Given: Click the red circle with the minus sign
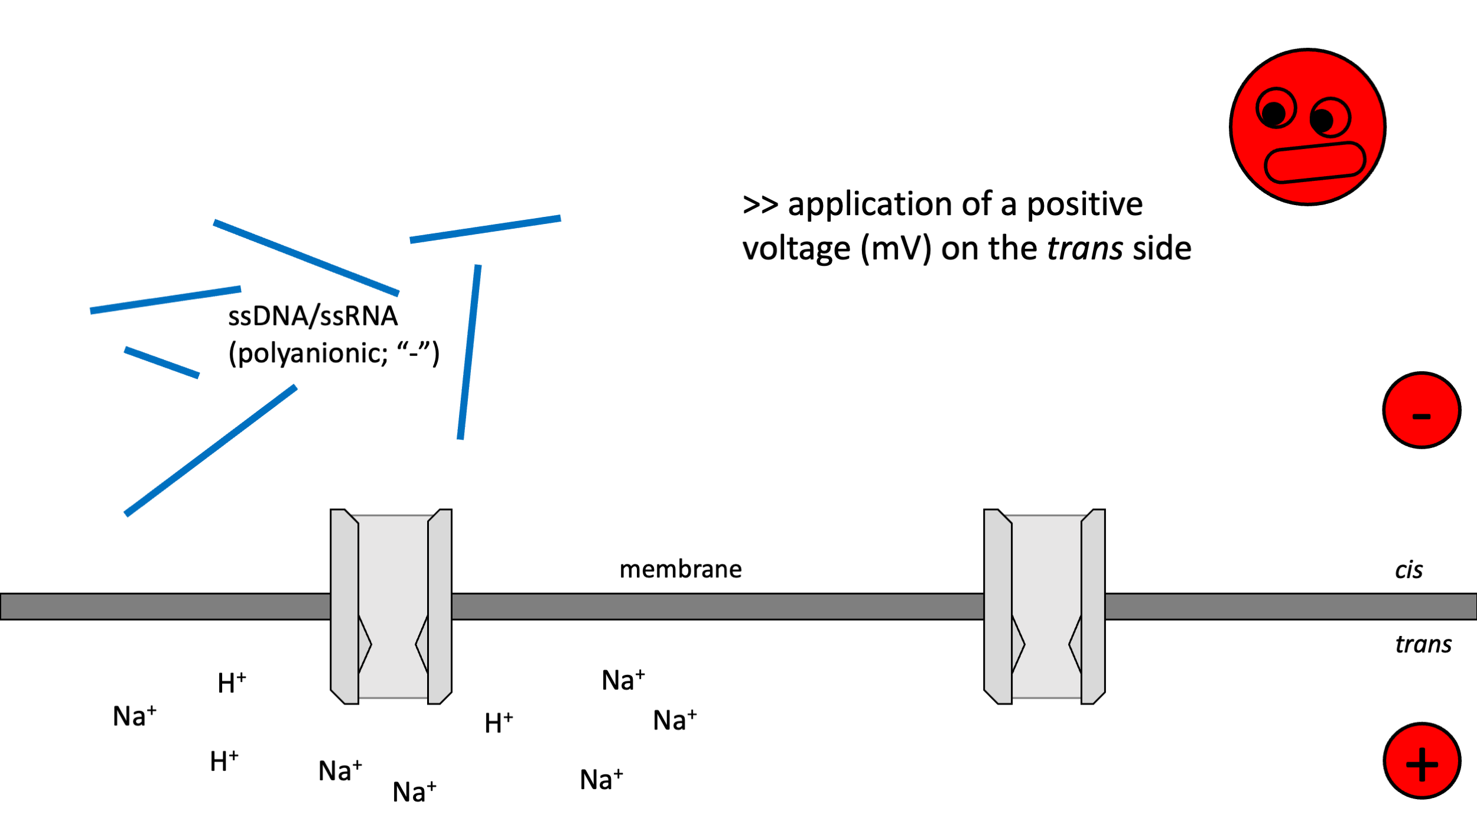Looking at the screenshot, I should pyautogui.click(x=1421, y=410).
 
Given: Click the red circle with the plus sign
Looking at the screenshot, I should pyautogui.click(x=1421, y=761).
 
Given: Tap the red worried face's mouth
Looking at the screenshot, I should pyautogui.click(x=1315, y=162).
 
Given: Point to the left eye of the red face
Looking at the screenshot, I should pyautogui.click(x=1276, y=109).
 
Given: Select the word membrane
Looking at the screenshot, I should pyautogui.click(x=680, y=570).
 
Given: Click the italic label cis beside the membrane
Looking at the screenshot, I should pyautogui.click(x=1408, y=570).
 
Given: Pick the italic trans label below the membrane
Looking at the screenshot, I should pyautogui.click(x=1423, y=644).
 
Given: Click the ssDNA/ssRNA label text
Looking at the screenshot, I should pyautogui.click(x=313, y=316).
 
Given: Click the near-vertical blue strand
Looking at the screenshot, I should pyautogui.click(x=469, y=352).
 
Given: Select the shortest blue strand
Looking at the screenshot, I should pyautogui.click(x=161, y=362).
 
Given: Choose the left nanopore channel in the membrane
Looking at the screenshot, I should pyautogui.click(x=391, y=606).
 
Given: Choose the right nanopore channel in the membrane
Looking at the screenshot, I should pyautogui.click(x=1045, y=606).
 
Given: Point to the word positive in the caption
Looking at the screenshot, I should pyautogui.click(x=1084, y=205).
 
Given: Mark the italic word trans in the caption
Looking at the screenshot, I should pyautogui.click(x=1085, y=249).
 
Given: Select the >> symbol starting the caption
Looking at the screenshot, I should pyautogui.click(x=760, y=205).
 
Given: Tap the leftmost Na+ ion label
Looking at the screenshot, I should pyautogui.click(x=135, y=716).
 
